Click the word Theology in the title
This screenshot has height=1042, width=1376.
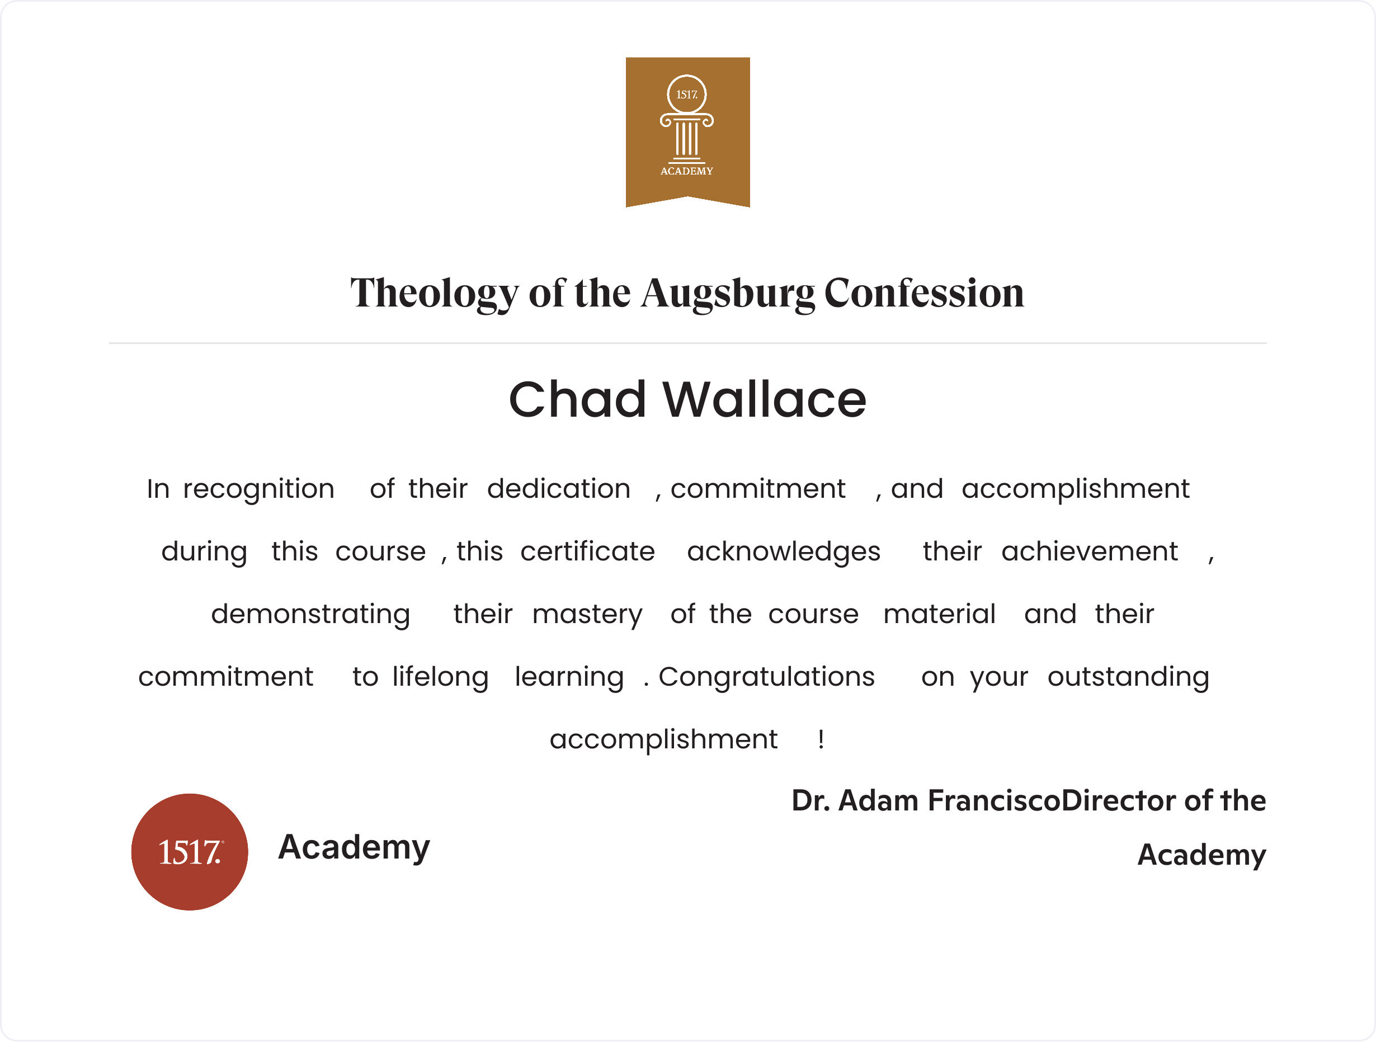(x=433, y=293)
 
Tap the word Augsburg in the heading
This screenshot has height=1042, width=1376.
(x=728, y=293)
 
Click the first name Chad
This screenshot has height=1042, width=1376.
(x=577, y=399)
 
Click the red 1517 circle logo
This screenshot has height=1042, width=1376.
(x=190, y=852)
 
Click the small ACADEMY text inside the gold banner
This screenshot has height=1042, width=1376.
(x=687, y=171)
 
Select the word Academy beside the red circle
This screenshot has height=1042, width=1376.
(x=354, y=847)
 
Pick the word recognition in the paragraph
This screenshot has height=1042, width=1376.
(x=259, y=489)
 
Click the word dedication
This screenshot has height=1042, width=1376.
(x=559, y=489)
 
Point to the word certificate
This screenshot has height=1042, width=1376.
(x=588, y=552)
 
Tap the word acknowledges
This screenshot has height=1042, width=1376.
(x=784, y=552)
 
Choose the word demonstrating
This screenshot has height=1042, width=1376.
(x=310, y=615)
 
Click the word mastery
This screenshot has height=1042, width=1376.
(x=587, y=615)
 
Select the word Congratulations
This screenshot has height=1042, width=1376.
(x=766, y=677)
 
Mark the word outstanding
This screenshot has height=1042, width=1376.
(x=1128, y=677)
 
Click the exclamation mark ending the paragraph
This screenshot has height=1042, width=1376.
(x=821, y=739)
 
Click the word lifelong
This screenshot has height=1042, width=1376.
(x=440, y=677)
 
